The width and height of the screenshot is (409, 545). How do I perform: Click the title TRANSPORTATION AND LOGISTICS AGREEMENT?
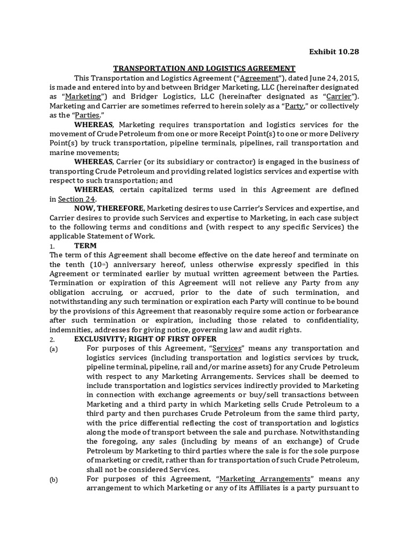[x=204, y=68]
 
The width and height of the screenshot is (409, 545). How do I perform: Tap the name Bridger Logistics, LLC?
[x=164, y=96]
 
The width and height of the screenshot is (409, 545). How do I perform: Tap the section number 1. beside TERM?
[x=52, y=247]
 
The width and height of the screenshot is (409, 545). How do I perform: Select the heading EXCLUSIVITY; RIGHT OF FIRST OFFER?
[x=145, y=339]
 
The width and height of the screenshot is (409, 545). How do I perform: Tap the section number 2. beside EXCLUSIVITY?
[x=52, y=340]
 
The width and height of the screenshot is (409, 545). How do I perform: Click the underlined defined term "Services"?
[x=228, y=349]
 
